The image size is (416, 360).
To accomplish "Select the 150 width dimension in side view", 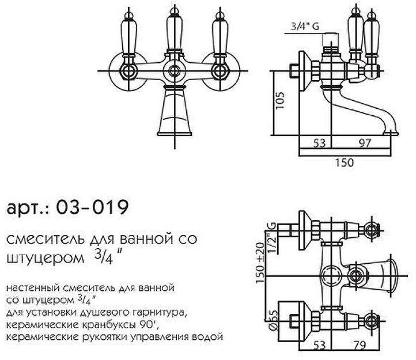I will pos(343,163).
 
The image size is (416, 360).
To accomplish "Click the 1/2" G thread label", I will pos(271,233).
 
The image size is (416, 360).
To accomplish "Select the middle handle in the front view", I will pos(173,35).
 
